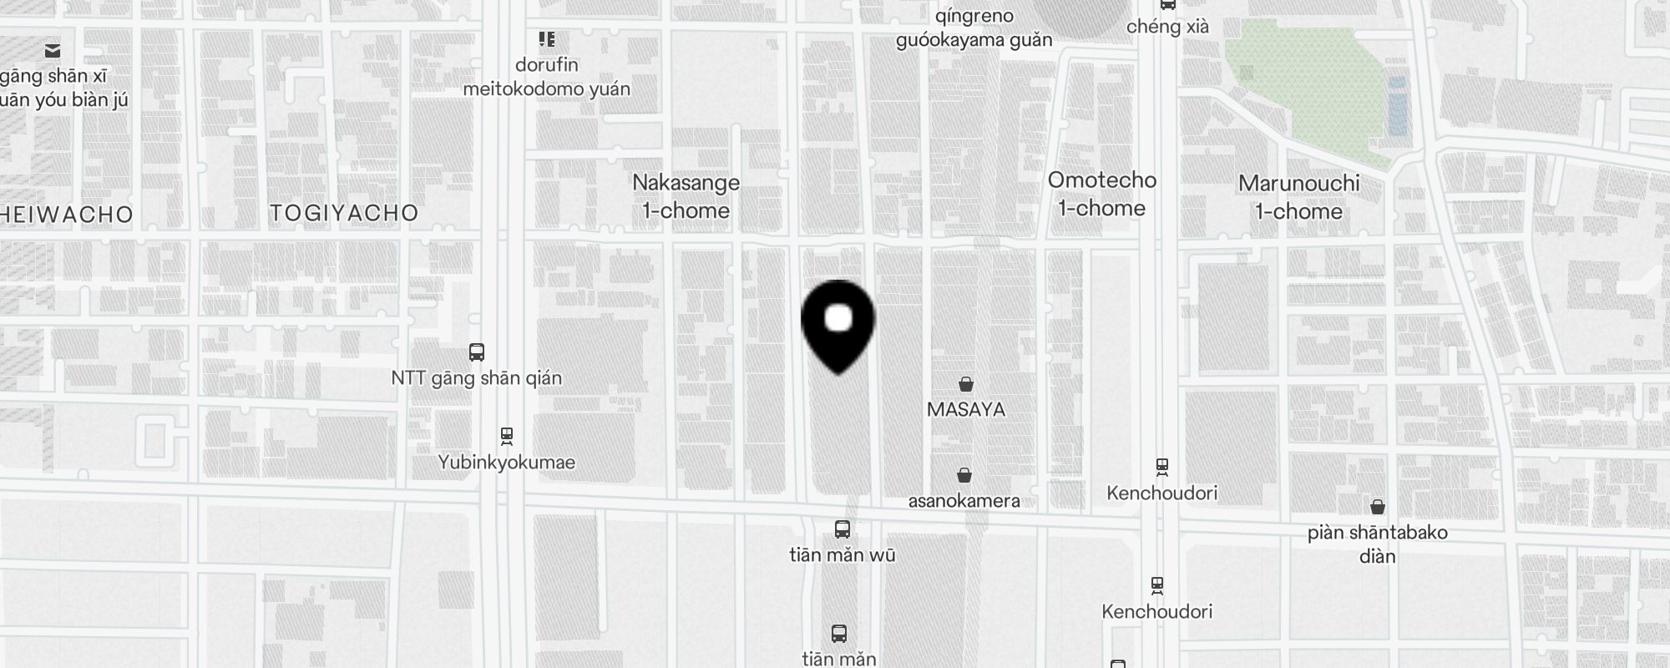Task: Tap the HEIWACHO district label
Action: (67, 215)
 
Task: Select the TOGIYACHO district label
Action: (344, 213)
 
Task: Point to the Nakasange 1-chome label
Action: (686, 196)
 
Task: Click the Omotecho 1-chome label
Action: (1102, 194)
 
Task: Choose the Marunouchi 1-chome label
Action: (1298, 197)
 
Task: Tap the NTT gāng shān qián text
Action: (476, 378)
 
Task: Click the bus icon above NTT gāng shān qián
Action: (477, 352)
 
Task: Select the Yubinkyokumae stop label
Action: (506, 463)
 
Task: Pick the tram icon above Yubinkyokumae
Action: (507, 436)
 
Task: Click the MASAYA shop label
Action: (966, 409)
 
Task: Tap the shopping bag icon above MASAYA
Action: (966, 384)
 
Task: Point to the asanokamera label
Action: (964, 501)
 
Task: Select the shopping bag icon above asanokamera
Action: (964, 475)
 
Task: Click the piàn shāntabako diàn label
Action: (1377, 544)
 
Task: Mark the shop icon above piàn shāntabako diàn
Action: (1378, 507)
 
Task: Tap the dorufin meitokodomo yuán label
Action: (547, 77)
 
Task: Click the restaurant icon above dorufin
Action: (547, 39)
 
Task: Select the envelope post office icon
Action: (53, 51)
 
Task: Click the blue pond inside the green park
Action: (1397, 106)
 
